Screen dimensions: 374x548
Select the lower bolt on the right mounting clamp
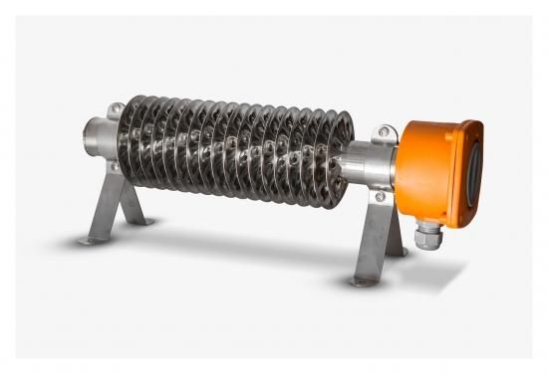(x=380, y=196)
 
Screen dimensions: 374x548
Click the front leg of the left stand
(x=104, y=209)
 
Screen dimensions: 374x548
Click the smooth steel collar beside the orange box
(x=367, y=163)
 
